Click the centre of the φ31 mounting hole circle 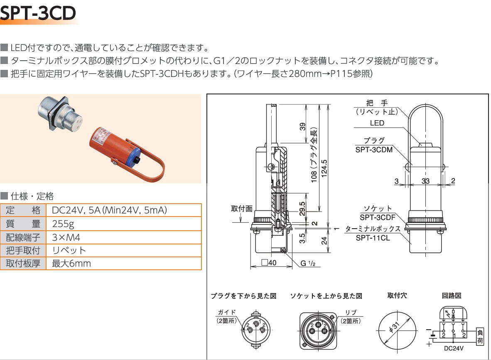point(398,330)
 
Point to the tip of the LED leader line point(421,144)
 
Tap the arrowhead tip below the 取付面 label point(241,222)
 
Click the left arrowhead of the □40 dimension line point(251,266)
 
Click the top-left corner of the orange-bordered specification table point(0,204)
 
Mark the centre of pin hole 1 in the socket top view point(319,325)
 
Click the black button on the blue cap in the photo point(137,161)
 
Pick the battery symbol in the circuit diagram point(433,336)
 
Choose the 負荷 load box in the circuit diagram point(480,336)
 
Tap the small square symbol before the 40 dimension point(265,262)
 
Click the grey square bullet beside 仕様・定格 point(4,196)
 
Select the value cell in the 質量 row point(123,224)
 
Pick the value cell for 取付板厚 point(123,264)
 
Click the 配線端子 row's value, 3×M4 point(66,237)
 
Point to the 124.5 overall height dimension point(324,168)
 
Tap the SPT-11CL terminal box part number point(373,238)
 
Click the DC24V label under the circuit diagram point(454,348)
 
